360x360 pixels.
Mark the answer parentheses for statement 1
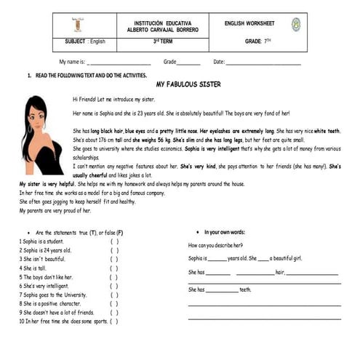pos(114,241)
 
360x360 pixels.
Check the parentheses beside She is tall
pos(114,268)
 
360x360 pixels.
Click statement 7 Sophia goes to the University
pos(54,295)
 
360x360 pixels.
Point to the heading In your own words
pos(225,231)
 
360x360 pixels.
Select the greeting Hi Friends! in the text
pos(85,98)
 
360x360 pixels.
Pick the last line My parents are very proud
pos(55,211)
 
